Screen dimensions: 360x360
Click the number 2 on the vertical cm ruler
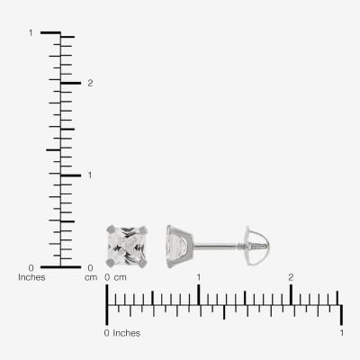coord(90,83)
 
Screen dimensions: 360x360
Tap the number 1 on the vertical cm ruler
coord(90,175)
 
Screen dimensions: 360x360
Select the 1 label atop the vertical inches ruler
coord(31,32)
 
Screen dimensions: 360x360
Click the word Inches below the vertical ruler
coord(31,277)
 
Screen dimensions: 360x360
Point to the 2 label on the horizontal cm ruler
coord(291,277)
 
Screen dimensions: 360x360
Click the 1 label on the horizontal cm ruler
coord(199,277)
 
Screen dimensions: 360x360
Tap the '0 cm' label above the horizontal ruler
coord(115,277)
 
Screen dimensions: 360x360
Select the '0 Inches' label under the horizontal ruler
coord(122,333)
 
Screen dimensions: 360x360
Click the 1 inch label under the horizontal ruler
coord(341,333)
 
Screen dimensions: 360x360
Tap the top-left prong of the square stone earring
coord(111,229)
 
